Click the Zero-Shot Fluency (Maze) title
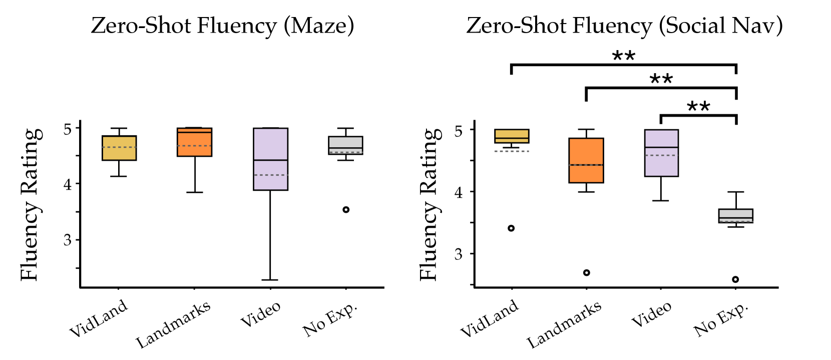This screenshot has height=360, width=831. tap(222, 26)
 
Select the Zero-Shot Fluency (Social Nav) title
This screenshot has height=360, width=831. tap(624, 26)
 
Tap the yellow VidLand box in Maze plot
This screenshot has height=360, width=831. tap(119, 148)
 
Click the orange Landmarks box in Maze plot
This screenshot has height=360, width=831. tap(195, 142)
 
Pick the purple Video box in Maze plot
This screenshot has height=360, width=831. tap(270, 159)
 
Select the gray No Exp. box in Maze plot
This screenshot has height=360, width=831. tap(345, 145)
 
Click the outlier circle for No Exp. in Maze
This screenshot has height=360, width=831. tap(346, 210)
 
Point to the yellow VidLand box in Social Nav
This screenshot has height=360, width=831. tap(512, 136)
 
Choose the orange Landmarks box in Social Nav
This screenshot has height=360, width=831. tap(586, 160)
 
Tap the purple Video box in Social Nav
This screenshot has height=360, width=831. tap(661, 153)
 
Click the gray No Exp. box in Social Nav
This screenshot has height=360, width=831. tap(736, 216)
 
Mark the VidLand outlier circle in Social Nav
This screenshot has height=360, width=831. tap(511, 228)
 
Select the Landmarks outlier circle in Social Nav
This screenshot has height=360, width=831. tap(587, 273)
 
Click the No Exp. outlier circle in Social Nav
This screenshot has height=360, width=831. tap(735, 279)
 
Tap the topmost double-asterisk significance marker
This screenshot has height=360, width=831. tap(624, 56)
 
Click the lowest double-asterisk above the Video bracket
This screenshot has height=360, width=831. tap(698, 106)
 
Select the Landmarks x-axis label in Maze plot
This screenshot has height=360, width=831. tap(174, 324)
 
